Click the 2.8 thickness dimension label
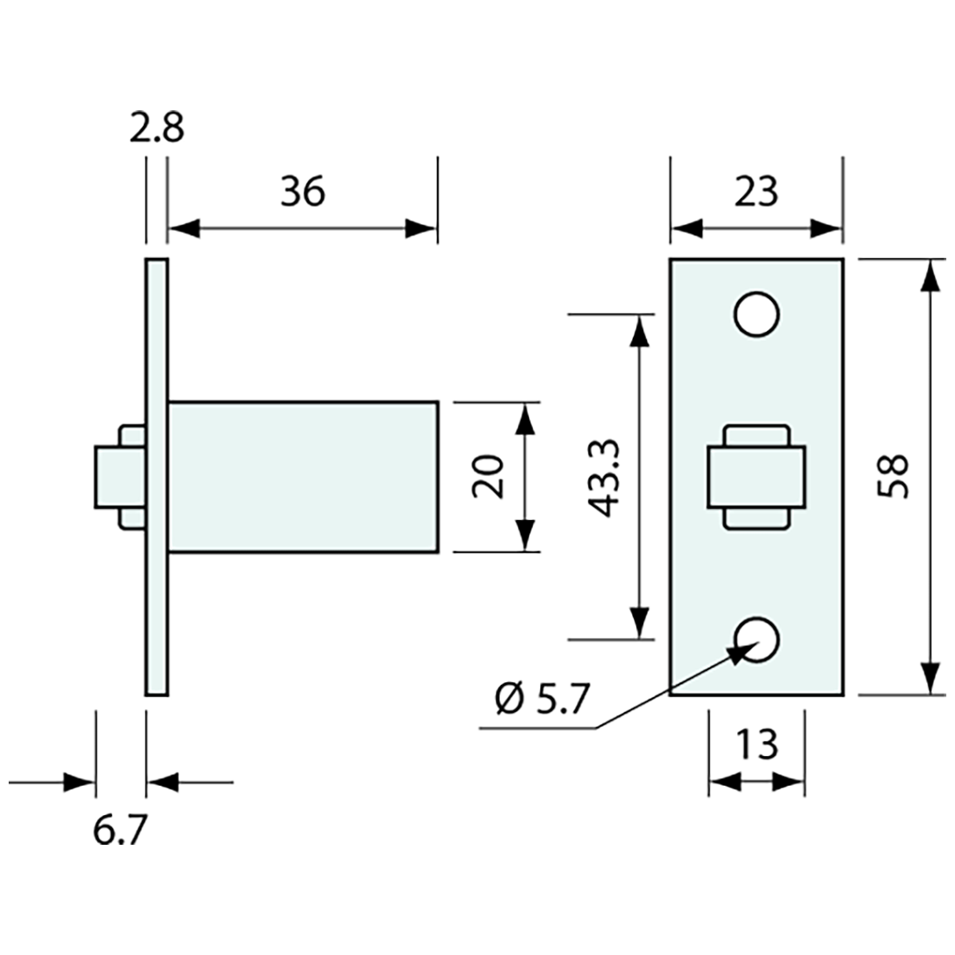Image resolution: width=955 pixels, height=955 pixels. pos(157,129)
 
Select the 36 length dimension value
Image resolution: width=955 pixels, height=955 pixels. pos(302,192)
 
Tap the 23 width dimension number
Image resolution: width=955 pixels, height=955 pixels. pos(755,192)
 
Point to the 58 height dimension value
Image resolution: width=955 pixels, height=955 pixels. pos(893,476)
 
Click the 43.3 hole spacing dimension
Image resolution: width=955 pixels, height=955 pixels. pos(603,477)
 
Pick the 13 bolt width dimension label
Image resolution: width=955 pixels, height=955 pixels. pos(756,744)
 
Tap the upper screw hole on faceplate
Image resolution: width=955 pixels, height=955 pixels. pos(755,314)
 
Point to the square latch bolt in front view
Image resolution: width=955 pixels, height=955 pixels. pos(756,477)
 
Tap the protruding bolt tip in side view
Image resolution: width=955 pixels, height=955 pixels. pos(106,477)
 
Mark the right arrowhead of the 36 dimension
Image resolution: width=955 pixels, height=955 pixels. pos(421,229)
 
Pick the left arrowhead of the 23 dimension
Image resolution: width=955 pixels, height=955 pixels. pos(686,229)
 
